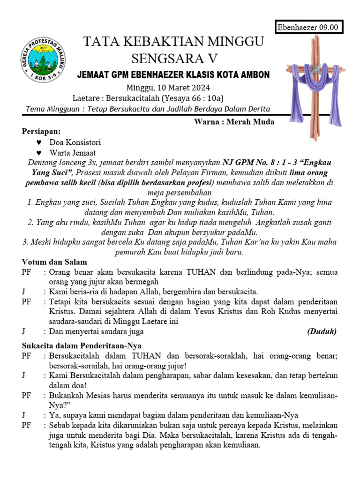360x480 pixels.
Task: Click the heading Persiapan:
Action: [x=41, y=132]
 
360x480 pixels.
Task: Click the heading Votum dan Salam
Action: [x=54, y=262]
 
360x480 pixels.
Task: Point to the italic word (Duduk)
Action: [x=322, y=332]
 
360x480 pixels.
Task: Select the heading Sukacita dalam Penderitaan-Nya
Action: [x=75, y=346]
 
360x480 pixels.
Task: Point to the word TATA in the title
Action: [x=98, y=42]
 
